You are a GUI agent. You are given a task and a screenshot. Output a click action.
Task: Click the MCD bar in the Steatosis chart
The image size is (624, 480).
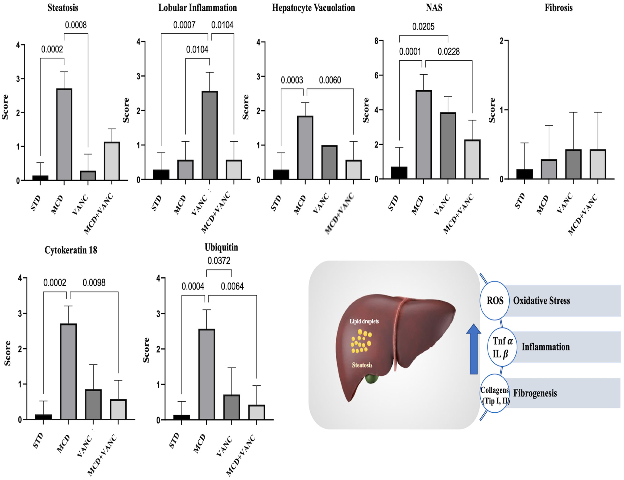coord(64,134)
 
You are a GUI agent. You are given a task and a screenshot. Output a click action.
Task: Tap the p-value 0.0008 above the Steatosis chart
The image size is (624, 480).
coord(76,25)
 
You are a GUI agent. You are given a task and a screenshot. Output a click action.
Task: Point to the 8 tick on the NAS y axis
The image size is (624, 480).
coord(377,41)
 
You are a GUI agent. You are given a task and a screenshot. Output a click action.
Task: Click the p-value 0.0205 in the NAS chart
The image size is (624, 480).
coord(423,27)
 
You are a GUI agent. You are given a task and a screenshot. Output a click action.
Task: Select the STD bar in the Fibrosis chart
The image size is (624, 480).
coord(524,174)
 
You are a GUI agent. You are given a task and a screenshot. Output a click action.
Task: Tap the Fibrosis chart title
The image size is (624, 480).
coord(558,8)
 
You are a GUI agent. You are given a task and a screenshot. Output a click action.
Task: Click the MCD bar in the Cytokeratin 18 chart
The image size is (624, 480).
coord(68,371)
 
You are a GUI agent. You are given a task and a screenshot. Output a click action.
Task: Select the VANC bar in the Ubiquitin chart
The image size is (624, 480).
coord(232,407)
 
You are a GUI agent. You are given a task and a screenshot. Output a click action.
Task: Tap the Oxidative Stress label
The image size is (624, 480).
coord(541,301)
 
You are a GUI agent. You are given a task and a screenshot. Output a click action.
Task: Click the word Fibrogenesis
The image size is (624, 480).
coord(535,393)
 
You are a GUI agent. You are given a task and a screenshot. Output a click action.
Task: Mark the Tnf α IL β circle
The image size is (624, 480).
coord(502,347)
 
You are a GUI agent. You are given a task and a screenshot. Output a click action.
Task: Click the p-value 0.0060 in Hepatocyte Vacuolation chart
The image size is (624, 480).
coord(330,80)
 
